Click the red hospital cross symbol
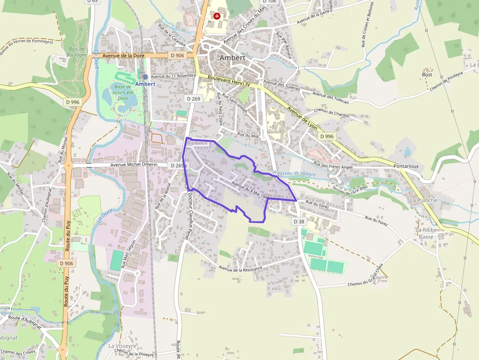click(217, 16)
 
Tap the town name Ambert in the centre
click(232, 58)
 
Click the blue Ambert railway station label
click(145, 84)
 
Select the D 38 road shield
click(299, 221)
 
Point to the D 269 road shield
click(193, 99)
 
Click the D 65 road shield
click(92, 1)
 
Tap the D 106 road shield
click(269, 1)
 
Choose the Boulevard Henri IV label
click(229, 81)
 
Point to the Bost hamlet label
click(427, 75)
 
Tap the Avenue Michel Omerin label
click(134, 165)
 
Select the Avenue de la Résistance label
click(240, 268)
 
